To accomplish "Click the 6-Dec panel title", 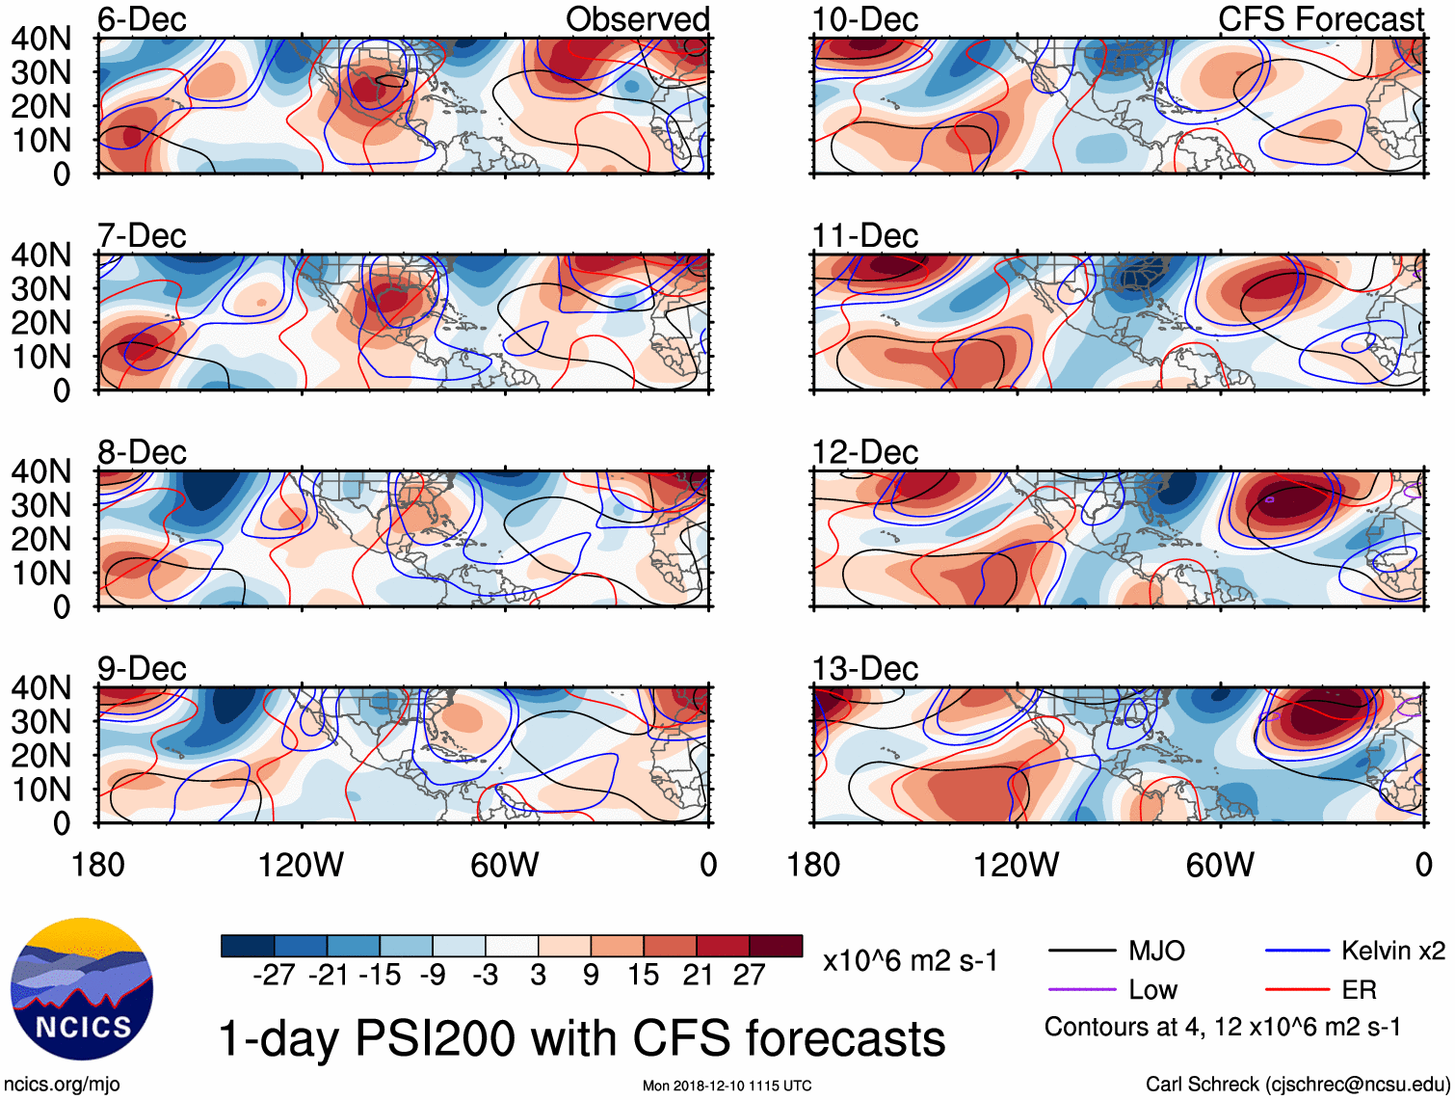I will point(142,19).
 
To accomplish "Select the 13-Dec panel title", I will point(864,668).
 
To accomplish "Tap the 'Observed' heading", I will point(637,19).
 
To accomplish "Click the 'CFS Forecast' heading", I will point(1320,19).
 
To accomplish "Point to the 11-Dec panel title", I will point(864,235).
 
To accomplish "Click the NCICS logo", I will point(82,989).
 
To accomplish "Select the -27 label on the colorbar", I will point(274,975).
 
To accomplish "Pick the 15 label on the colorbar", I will point(643,975).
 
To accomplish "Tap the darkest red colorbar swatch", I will point(776,946).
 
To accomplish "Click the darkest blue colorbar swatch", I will point(248,946).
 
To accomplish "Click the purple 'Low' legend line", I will point(1082,990).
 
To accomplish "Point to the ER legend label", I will point(1359,990).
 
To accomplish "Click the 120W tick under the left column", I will point(301,865).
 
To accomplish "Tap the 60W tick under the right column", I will point(1220,865).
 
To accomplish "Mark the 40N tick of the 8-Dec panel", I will point(41,471).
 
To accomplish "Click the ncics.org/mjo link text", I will point(62,1085).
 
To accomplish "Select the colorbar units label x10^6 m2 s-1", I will point(910,961).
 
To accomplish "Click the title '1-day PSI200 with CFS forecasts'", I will point(582,1039).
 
